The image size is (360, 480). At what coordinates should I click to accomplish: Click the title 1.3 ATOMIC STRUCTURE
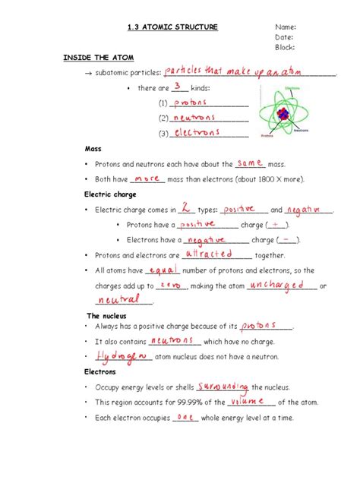[172, 27]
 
